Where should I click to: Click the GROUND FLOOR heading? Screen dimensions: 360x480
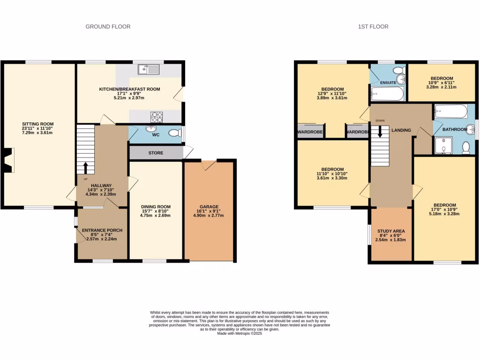pos(108,27)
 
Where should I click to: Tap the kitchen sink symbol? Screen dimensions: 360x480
pos(149,70)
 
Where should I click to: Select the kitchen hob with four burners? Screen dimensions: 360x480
pos(156,116)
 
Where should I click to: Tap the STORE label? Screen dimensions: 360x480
pos(156,153)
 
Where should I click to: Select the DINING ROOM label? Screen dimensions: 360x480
pos(156,207)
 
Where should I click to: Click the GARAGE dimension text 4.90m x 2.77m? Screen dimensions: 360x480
pos(209,216)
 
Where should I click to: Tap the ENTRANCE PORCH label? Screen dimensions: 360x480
pos(102,230)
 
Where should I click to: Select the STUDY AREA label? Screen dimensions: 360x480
pos(390,231)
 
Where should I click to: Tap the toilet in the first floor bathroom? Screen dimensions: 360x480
pos(466,147)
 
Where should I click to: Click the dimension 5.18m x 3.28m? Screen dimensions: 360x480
pos(444,214)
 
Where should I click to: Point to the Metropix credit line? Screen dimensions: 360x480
pos(240,333)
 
